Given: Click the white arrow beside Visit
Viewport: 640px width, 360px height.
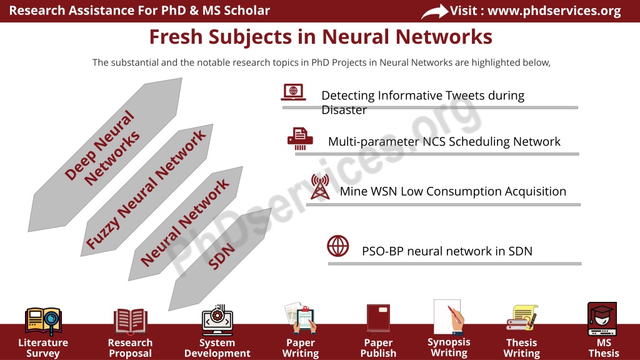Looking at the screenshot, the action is pos(435,11).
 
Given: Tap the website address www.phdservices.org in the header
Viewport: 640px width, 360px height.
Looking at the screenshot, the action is pos(554,11).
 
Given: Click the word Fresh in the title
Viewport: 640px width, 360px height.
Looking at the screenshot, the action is pos(176,37).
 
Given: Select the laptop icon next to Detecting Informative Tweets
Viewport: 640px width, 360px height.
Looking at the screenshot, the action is pos(294,92).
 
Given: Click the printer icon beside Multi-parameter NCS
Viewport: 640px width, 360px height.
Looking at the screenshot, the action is pos(300,138).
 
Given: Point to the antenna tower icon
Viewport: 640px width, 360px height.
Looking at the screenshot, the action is pos(320,186).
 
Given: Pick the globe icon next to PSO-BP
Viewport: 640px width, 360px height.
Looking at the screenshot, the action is pos(338,246).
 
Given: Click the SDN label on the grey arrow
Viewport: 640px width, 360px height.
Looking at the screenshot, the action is pos(222,256).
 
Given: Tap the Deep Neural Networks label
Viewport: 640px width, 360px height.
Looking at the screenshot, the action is pos(102,147).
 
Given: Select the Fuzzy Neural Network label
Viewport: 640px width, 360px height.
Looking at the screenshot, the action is pos(146,189).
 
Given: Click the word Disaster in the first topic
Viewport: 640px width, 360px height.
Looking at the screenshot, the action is pos(344,110).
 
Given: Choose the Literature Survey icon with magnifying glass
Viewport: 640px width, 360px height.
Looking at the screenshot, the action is pos(43,321).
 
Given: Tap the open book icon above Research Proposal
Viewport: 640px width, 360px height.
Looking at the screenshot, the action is pos(130,321).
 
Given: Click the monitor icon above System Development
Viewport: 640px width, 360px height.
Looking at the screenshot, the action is pos(217,319).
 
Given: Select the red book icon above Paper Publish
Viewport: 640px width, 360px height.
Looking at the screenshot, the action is pos(378,318).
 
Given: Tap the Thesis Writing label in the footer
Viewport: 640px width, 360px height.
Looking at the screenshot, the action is pos(522,347).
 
